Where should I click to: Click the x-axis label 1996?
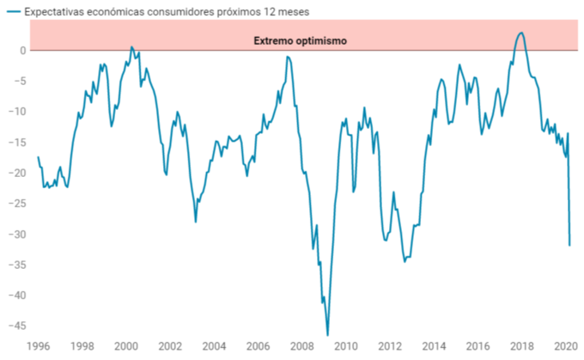(x=38, y=347)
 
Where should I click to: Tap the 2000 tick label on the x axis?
(x=126, y=347)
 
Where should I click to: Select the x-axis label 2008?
(x=301, y=347)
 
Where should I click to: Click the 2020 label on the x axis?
(x=564, y=347)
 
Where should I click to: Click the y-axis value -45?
(x=16, y=326)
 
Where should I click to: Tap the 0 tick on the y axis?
(x=23, y=50)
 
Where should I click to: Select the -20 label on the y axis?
(x=16, y=173)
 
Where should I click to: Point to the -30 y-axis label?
(x=16, y=234)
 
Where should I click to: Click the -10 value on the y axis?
(x=16, y=112)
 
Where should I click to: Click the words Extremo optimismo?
(x=299, y=40)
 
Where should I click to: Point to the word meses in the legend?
(x=291, y=11)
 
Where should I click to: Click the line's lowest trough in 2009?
(x=327, y=334)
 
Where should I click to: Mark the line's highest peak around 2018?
(x=521, y=33)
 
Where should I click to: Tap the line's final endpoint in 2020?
(x=569, y=245)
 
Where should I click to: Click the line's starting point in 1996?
(x=38, y=156)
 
